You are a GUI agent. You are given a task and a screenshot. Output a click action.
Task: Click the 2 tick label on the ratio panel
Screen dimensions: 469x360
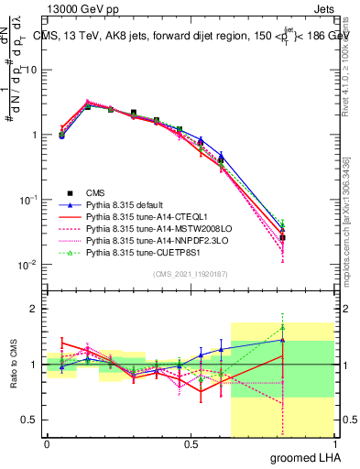point(34,309)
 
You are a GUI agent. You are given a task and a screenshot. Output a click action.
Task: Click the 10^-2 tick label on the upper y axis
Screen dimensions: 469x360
point(27,265)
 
